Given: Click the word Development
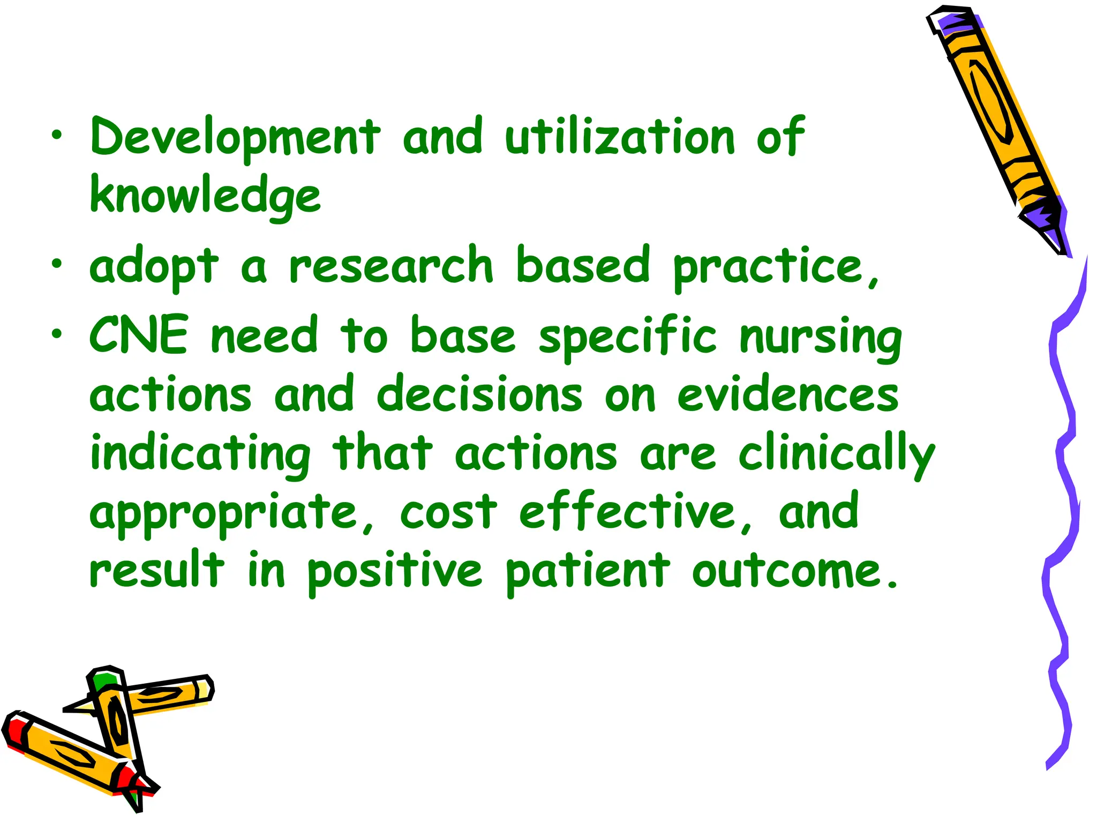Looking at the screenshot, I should tap(236, 137).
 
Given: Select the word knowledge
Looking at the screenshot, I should tap(206, 196).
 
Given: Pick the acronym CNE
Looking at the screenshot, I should tap(139, 335).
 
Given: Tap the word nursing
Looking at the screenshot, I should tap(820, 338).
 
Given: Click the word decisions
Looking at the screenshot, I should tap(479, 395).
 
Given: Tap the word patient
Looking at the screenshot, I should tap(587, 572).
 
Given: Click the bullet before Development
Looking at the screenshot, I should tap(57, 135).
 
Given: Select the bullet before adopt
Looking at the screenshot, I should tap(57, 264).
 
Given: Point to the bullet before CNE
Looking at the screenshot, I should tap(57, 334).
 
